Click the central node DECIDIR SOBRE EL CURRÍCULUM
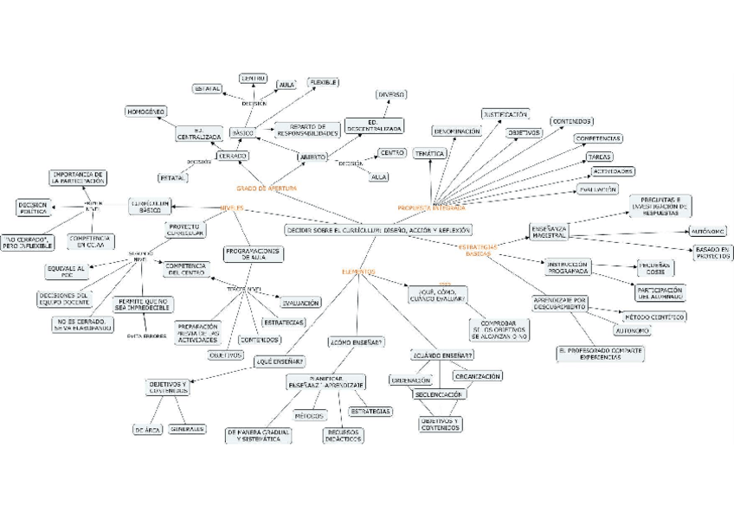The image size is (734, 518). pyautogui.click(x=379, y=230)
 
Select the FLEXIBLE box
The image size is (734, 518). pyautogui.click(x=323, y=82)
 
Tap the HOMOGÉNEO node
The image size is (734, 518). pyautogui.click(x=145, y=112)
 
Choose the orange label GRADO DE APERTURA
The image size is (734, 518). pyautogui.click(x=267, y=188)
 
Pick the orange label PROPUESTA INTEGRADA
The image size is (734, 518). pyautogui.click(x=431, y=208)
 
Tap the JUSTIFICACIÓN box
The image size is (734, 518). pyautogui.click(x=505, y=114)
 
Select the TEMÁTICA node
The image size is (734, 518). pyautogui.click(x=429, y=153)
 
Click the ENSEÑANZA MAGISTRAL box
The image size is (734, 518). pyautogui.click(x=550, y=231)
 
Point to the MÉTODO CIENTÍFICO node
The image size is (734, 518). pyautogui.click(x=654, y=317)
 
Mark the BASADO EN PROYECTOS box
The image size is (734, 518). pyautogui.click(x=712, y=253)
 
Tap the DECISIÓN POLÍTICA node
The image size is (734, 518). pyautogui.click(x=34, y=207)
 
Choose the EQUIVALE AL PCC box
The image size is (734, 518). pyautogui.click(x=67, y=271)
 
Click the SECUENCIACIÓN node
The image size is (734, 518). pyautogui.click(x=440, y=393)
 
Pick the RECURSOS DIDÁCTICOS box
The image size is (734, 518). pyautogui.click(x=343, y=435)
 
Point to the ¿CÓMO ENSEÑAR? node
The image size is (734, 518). pyautogui.click(x=357, y=342)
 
